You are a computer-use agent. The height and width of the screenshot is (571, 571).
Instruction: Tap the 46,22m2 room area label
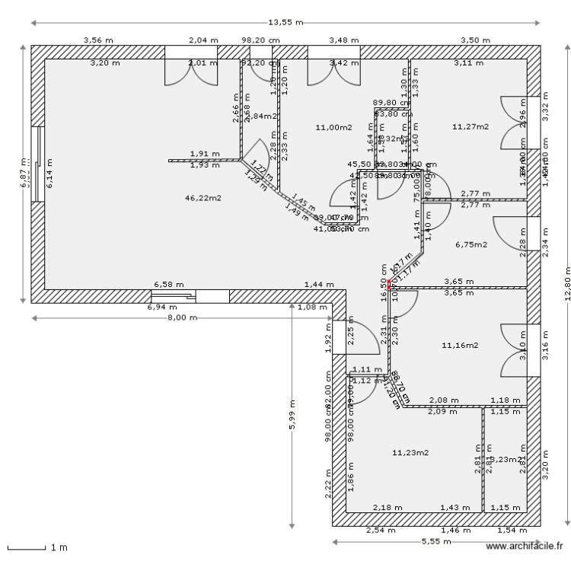pos(203,198)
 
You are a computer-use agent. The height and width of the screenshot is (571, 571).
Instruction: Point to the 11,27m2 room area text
pos(470,126)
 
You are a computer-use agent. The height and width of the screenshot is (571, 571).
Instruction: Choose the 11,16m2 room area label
pos(460,345)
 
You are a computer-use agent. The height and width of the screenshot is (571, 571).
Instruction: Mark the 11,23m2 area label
pos(410,452)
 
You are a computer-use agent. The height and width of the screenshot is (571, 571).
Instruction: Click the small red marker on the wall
pos(388,285)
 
